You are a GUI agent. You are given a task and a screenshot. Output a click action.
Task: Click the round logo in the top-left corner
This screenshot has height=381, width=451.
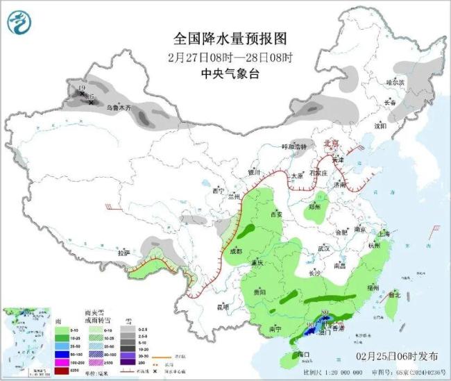[x=19, y=24]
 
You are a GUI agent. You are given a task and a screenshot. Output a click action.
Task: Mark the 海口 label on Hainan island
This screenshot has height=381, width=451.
[x=303, y=355]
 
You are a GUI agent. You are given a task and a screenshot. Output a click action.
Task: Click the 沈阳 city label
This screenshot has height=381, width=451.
[x=380, y=126]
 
